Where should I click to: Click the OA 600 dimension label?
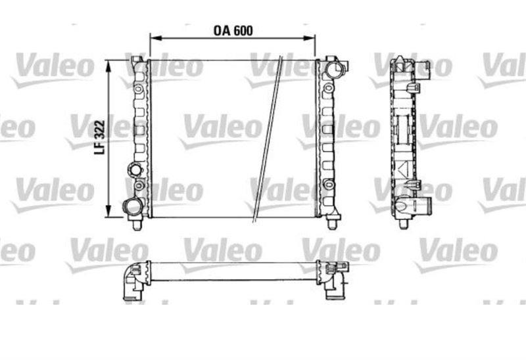pos(233,31)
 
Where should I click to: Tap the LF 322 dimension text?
pos(100,137)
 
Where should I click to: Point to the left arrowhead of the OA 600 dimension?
pos(156,38)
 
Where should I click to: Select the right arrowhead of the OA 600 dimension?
pos(309,38)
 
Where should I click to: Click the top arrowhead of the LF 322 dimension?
pos(108,67)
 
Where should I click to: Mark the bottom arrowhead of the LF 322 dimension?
pos(108,211)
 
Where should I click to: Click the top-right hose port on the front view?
pos(336,69)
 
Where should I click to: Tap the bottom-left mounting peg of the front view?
pos(137,224)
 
